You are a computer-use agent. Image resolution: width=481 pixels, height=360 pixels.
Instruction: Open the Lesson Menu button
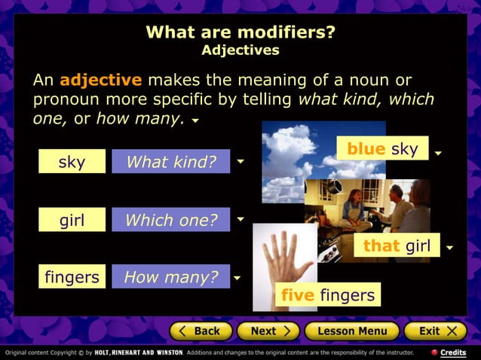point(351,331)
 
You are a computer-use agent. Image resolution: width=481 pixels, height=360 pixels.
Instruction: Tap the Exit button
point(436,331)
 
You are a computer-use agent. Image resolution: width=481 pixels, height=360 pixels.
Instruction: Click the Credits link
point(452,352)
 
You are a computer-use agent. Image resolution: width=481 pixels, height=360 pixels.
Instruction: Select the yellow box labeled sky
point(72,162)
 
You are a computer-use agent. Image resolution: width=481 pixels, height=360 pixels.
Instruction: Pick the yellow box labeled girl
point(72,220)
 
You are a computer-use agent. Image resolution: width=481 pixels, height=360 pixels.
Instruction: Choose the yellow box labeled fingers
point(72,277)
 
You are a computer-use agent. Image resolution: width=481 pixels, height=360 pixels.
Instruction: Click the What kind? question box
point(170,162)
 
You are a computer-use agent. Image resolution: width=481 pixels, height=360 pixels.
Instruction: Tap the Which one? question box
point(170,220)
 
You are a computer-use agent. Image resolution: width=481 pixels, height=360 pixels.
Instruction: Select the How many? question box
point(170,277)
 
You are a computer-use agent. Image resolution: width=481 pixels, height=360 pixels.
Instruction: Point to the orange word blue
point(366,149)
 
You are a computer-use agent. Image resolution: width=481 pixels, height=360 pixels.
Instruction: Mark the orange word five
point(298,295)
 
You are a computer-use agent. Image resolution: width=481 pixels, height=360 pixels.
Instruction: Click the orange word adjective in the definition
point(100,80)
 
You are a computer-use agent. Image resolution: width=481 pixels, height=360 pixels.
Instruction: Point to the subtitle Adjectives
point(240,50)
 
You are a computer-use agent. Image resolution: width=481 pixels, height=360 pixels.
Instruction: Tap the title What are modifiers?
point(240,32)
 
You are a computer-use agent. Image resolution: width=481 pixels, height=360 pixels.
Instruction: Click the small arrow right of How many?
point(237,278)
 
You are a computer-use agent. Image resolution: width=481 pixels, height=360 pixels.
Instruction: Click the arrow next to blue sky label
point(438,154)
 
